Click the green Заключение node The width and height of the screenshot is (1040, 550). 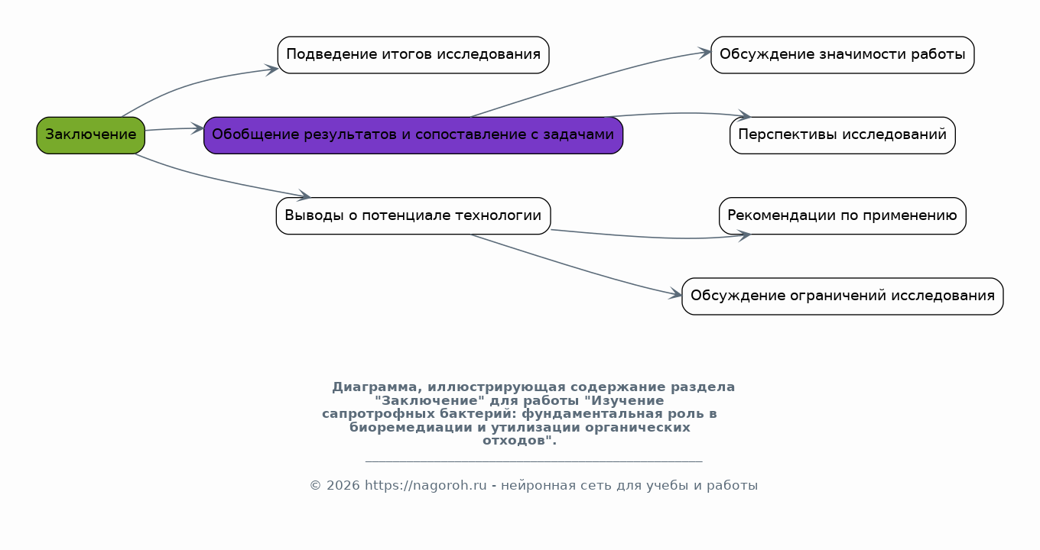[x=90, y=135]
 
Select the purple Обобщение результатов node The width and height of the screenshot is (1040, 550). [x=413, y=135]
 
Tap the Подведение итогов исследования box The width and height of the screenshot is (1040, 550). [x=413, y=55]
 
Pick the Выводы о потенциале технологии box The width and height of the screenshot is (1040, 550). [x=413, y=215]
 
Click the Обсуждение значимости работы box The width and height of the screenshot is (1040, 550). [x=842, y=55]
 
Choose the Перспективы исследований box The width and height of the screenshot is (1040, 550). [x=842, y=135]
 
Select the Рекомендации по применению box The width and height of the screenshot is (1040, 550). [x=842, y=215]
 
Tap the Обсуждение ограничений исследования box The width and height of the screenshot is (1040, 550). [x=842, y=296]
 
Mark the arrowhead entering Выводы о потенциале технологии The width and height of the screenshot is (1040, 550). [x=304, y=196]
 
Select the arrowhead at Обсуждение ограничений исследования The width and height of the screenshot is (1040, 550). [x=675, y=294]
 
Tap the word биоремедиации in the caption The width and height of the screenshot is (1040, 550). [x=411, y=428]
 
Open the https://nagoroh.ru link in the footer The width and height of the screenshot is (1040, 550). [x=426, y=486]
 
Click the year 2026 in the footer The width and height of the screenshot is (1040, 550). [x=343, y=486]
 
